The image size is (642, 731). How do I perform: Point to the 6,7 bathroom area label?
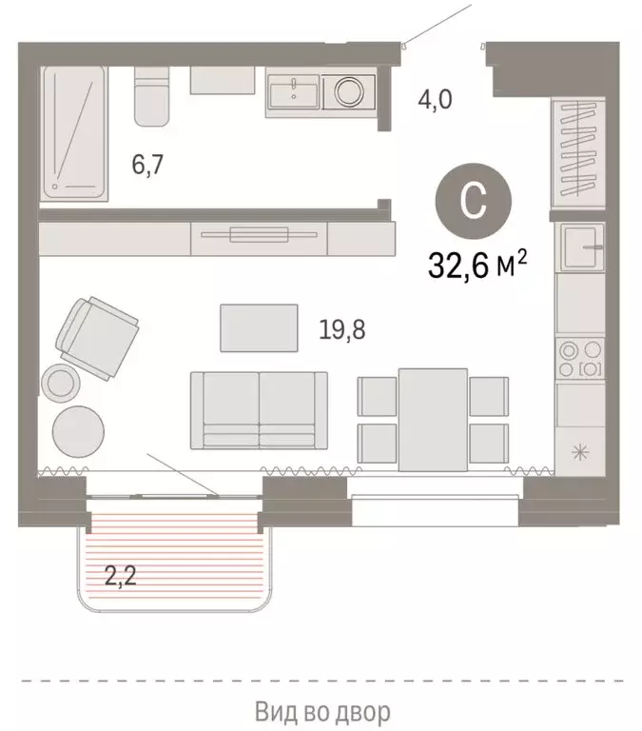coord(149,165)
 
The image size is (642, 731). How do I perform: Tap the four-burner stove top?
coord(580,358)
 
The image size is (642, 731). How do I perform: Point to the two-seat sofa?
coord(260,409)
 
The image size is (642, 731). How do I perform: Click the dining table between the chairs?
coord(433,419)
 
